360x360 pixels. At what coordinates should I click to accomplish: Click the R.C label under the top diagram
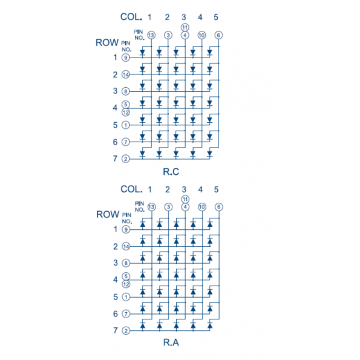pyautogui.click(x=171, y=171)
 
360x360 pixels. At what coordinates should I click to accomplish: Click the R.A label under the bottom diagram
pyautogui.click(x=171, y=342)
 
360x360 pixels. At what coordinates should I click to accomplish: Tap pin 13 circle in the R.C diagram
pyautogui.click(x=151, y=35)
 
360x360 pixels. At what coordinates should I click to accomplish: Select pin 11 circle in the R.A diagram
pyautogui.click(x=185, y=199)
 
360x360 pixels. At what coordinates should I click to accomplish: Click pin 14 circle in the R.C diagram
pyautogui.click(x=126, y=74)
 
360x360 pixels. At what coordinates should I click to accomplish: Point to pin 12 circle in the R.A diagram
pyautogui.click(x=126, y=284)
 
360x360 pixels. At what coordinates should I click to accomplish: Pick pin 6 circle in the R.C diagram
pyautogui.click(x=218, y=35)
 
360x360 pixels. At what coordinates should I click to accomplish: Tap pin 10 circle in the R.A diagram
pyautogui.click(x=202, y=207)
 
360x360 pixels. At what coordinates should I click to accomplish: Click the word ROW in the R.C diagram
pyautogui.click(x=107, y=42)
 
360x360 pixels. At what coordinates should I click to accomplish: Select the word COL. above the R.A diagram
pyautogui.click(x=131, y=189)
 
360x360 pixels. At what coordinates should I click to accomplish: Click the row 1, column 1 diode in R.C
pyautogui.click(x=143, y=53)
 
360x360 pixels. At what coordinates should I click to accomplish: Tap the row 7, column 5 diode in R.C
pyautogui.click(x=209, y=153)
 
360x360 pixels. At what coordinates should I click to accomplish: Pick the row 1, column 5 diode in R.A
pyautogui.click(x=210, y=224)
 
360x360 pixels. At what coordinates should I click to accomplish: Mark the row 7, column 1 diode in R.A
pyautogui.click(x=143, y=326)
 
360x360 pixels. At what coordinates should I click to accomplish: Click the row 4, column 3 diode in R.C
pyautogui.click(x=176, y=103)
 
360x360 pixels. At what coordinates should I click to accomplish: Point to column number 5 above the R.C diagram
pyautogui.click(x=216, y=17)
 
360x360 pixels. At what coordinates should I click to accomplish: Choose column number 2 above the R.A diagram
pyautogui.click(x=168, y=189)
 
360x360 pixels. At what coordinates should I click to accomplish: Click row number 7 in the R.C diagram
pyautogui.click(x=115, y=159)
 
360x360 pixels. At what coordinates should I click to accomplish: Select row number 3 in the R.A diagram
pyautogui.click(x=116, y=263)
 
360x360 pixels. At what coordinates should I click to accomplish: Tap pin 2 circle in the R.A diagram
pyautogui.click(x=126, y=330)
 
